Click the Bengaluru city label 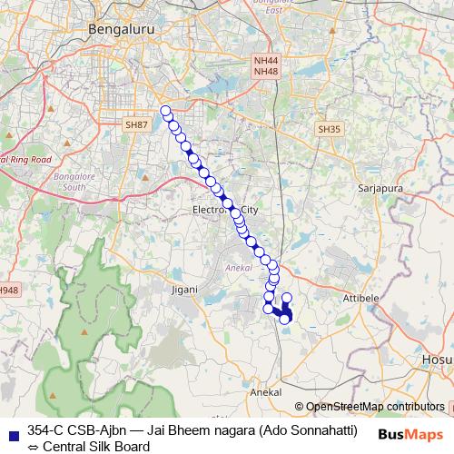click(x=120, y=30)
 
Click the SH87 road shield click(x=137, y=123)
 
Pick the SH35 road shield click(x=329, y=130)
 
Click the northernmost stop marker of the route click(x=165, y=111)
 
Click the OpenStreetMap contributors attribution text click(x=375, y=407)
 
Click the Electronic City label click(x=225, y=210)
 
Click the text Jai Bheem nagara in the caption click(x=210, y=429)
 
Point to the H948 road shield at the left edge click(x=8, y=291)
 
